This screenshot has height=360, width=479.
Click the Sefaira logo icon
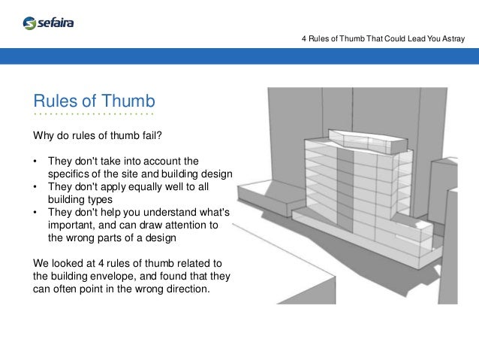[29, 23]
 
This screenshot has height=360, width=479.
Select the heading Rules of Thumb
[93, 101]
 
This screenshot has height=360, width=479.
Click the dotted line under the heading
[93, 115]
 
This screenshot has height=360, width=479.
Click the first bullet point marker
[35, 161]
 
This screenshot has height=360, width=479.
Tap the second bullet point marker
[35, 186]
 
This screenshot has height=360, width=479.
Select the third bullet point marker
[35, 213]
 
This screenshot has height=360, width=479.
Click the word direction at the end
[188, 289]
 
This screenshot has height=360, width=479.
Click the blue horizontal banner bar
[239, 57]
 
